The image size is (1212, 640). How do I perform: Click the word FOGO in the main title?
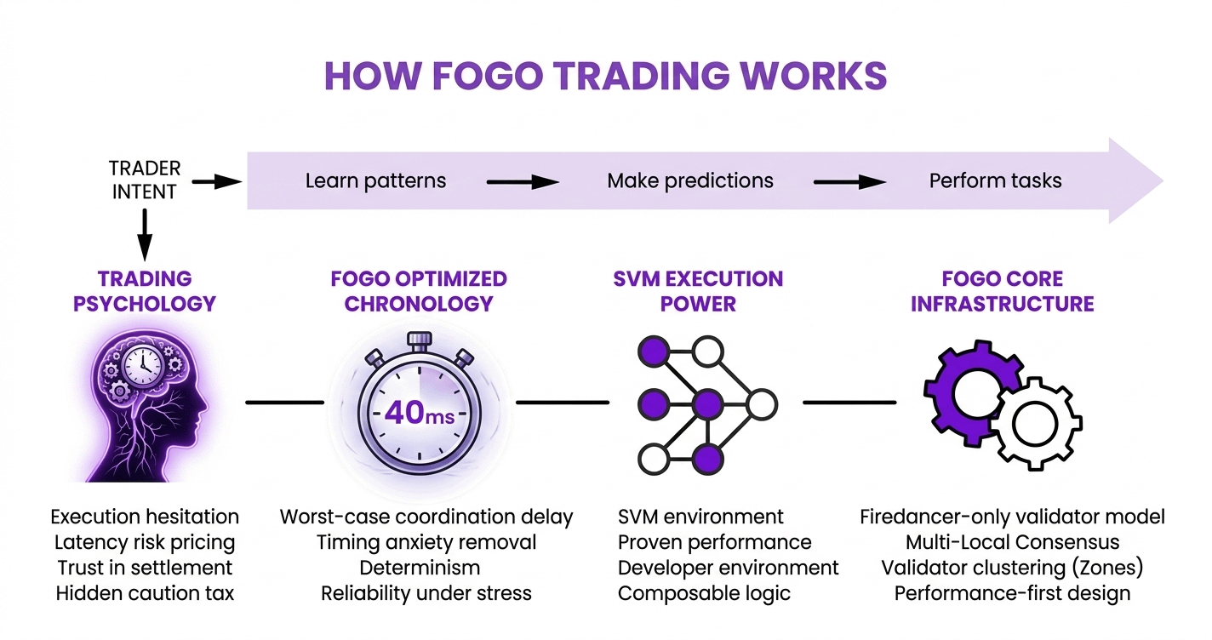pyautogui.click(x=488, y=76)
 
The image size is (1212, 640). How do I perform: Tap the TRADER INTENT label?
pyautogui.click(x=144, y=180)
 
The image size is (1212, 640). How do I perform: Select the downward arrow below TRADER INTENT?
pyautogui.click(x=145, y=235)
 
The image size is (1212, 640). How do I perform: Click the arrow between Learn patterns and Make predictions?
pyautogui.click(x=523, y=182)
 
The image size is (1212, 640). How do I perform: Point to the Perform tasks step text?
pyautogui.click(x=996, y=180)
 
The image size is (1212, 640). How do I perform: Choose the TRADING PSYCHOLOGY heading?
pyautogui.click(x=145, y=291)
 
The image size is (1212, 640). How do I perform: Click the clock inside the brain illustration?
pyautogui.click(x=143, y=366)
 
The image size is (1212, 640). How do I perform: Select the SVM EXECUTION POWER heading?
pyautogui.click(x=698, y=291)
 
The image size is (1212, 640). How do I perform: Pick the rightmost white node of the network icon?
pyautogui.click(x=762, y=404)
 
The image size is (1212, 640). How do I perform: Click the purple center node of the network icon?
pyautogui.click(x=708, y=404)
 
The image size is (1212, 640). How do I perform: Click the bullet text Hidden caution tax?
pyautogui.click(x=145, y=593)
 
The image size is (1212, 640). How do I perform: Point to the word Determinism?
pyautogui.click(x=420, y=568)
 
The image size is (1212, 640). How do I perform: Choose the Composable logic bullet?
pyautogui.click(x=704, y=594)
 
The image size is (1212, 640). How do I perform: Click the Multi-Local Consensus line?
pyautogui.click(x=1012, y=542)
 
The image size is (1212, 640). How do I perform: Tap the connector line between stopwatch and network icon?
pyautogui.click(x=563, y=403)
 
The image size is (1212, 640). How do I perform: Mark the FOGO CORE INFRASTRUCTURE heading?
pyautogui.click(x=1002, y=291)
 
